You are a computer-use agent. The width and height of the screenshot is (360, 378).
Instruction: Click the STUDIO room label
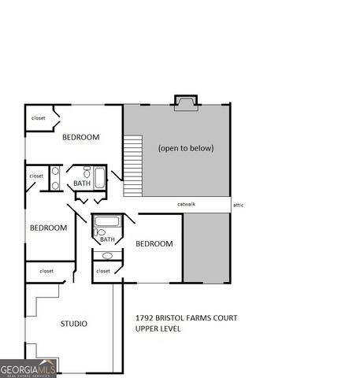click(x=73, y=323)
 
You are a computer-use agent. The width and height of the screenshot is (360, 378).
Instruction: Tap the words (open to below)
click(x=185, y=148)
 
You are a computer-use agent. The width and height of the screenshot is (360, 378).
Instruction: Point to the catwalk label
click(x=186, y=204)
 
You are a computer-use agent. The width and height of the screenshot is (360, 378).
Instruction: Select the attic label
click(x=239, y=204)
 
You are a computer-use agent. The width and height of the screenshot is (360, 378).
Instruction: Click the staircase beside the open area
click(x=132, y=165)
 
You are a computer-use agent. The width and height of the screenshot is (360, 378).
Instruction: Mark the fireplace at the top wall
click(x=186, y=102)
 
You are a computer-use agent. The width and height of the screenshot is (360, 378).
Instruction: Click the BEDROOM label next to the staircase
click(x=81, y=137)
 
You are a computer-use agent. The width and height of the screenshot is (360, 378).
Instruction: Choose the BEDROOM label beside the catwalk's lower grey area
click(x=154, y=243)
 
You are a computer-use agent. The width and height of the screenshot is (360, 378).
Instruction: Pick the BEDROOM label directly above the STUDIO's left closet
click(x=48, y=228)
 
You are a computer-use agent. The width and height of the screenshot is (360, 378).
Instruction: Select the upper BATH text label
click(x=82, y=183)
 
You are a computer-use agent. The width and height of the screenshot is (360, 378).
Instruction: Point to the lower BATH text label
click(x=107, y=239)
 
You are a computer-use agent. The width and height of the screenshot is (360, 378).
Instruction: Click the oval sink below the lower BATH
click(x=107, y=255)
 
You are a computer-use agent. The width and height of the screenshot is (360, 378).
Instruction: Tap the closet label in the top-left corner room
click(x=38, y=118)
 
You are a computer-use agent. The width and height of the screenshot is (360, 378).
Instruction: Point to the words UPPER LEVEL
click(x=158, y=328)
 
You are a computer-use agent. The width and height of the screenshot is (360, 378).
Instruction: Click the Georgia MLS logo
click(x=28, y=369)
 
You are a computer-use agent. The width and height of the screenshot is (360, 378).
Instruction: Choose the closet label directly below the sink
click(x=103, y=271)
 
